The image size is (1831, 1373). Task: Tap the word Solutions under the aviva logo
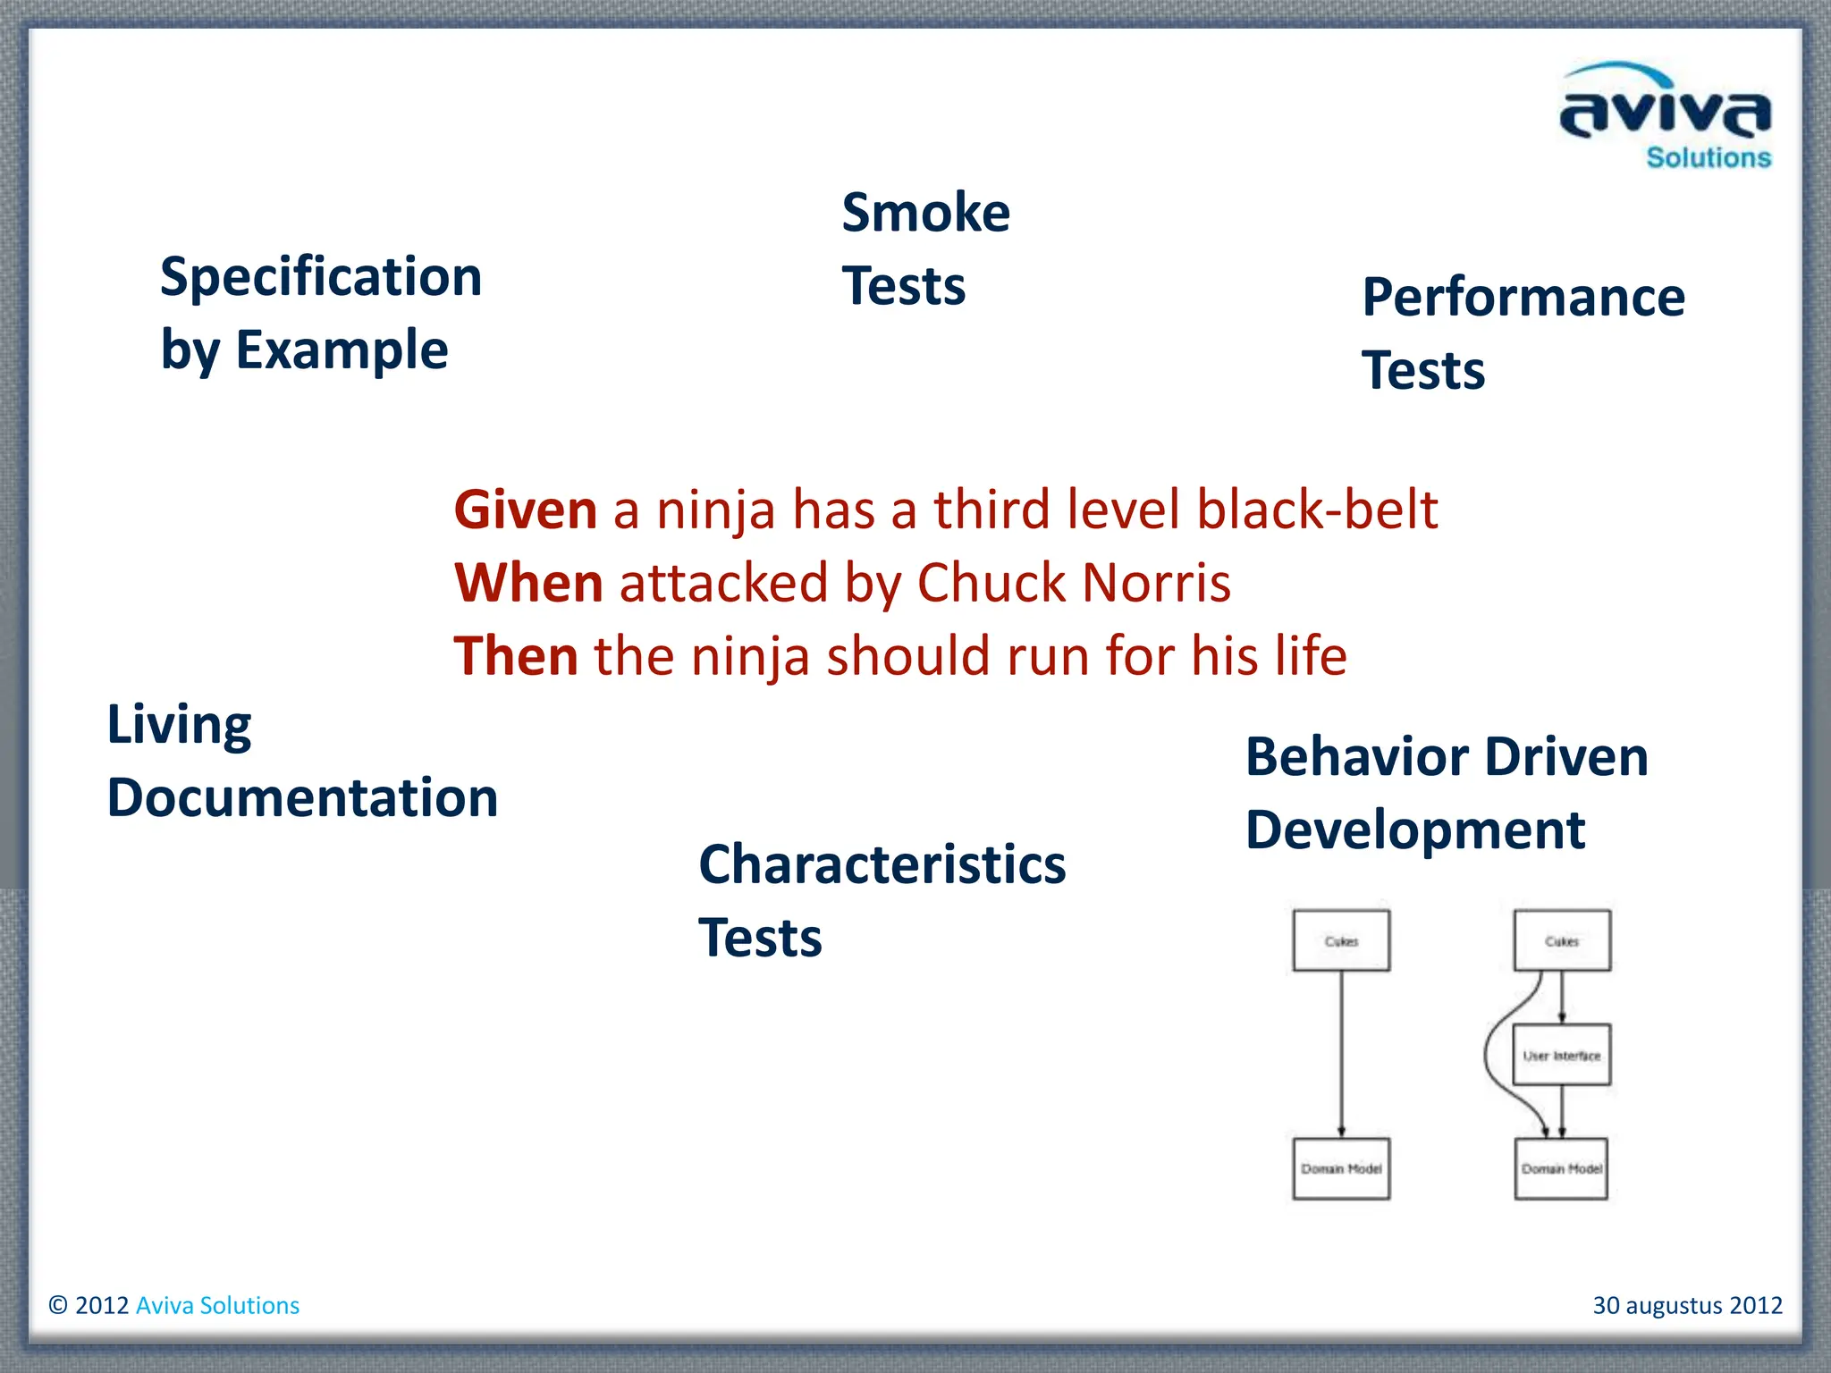pyautogui.click(x=1708, y=158)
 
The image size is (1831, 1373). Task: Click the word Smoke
pyautogui.click(x=925, y=213)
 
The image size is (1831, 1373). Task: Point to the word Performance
pyautogui.click(x=1523, y=298)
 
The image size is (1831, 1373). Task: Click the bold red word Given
pyautogui.click(x=525, y=510)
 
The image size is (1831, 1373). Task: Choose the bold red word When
pyautogui.click(x=528, y=583)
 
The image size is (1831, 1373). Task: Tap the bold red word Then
pyautogui.click(x=516, y=656)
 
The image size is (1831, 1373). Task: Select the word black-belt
pyautogui.click(x=1316, y=510)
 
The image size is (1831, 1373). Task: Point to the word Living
pyautogui.click(x=179, y=724)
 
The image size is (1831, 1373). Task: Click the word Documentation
pyautogui.click(x=302, y=797)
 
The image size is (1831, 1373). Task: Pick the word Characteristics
pyautogui.click(x=882, y=864)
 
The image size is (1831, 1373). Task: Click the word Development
pyautogui.click(x=1414, y=830)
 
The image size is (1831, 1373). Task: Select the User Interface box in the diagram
pyautogui.click(x=1561, y=1055)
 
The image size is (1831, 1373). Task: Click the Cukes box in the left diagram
pyautogui.click(x=1341, y=940)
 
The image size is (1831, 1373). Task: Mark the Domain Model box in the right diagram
pyautogui.click(x=1561, y=1168)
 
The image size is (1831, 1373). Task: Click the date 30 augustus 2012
pyautogui.click(x=1687, y=1305)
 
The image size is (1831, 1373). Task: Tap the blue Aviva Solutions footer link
pyautogui.click(x=217, y=1305)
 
